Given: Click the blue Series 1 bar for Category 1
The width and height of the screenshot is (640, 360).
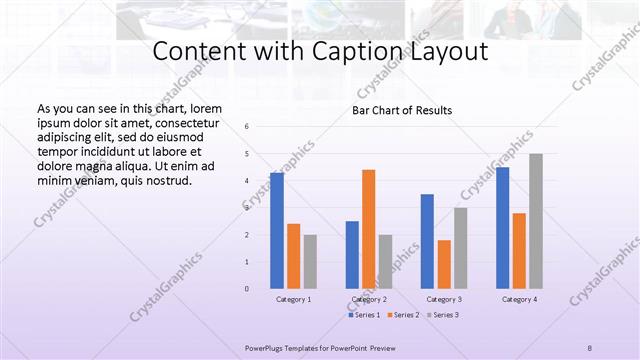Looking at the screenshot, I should coord(277,231).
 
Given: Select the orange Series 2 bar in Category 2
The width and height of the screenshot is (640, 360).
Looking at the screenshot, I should coord(369,229).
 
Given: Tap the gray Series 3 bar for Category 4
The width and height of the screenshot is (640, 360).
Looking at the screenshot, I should coord(536,221).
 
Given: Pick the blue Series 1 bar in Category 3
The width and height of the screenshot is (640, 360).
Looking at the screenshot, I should coord(427,241).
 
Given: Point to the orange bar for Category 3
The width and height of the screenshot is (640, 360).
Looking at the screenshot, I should coord(444,264).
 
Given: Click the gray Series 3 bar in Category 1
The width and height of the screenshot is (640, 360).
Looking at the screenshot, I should coord(310,262).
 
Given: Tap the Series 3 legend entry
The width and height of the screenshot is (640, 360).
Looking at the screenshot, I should coord(444,315).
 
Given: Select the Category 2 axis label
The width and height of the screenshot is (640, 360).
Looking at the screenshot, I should coord(369,300).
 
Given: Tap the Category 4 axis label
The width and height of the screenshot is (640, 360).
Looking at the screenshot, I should coord(518,300).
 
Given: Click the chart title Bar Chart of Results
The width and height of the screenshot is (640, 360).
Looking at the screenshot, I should coord(402,110).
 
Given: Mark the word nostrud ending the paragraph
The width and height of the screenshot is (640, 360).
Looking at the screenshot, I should coord(164,181).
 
